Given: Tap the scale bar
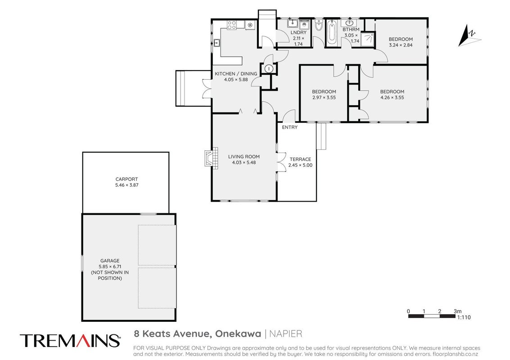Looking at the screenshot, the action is (432, 316).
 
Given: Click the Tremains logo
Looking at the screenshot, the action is (70, 341).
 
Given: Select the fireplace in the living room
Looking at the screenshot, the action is (211, 157).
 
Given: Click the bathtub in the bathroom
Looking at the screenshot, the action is (332, 32).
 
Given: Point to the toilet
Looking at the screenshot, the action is (319, 25).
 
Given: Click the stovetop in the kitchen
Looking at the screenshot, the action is (231, 25).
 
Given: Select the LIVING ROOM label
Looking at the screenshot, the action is (244, 157).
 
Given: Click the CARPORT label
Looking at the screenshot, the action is (126, 179).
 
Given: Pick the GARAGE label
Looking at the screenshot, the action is (110, 261).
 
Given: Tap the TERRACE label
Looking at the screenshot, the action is (300, 159).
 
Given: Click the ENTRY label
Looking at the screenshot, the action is (290, 127).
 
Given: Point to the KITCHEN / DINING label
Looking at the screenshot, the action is (236, 74).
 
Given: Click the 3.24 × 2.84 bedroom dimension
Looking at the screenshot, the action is (401, 45).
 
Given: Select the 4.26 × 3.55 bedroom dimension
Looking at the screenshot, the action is (392, 98).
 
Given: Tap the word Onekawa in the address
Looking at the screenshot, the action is (239, 334).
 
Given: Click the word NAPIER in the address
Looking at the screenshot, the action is (286, 334).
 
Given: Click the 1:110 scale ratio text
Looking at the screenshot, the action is (464, 317).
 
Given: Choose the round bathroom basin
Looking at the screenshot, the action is (350, 23).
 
